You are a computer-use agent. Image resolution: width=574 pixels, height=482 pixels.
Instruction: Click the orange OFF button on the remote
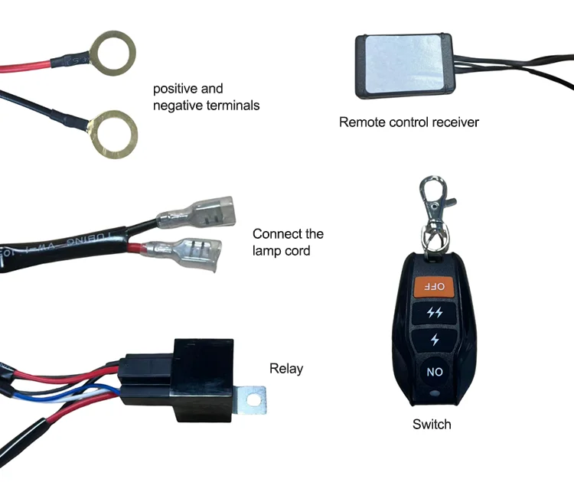(434, 286)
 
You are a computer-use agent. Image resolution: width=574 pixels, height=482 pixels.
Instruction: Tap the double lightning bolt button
(434, 312)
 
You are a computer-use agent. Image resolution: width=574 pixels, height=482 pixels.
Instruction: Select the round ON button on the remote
(434, 372)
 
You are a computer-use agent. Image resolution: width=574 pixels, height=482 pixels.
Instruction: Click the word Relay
(286, 369)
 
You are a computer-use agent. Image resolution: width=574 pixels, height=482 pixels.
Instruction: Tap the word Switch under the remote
(432, 424)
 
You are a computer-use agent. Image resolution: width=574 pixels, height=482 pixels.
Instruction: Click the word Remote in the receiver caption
(362, 122)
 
